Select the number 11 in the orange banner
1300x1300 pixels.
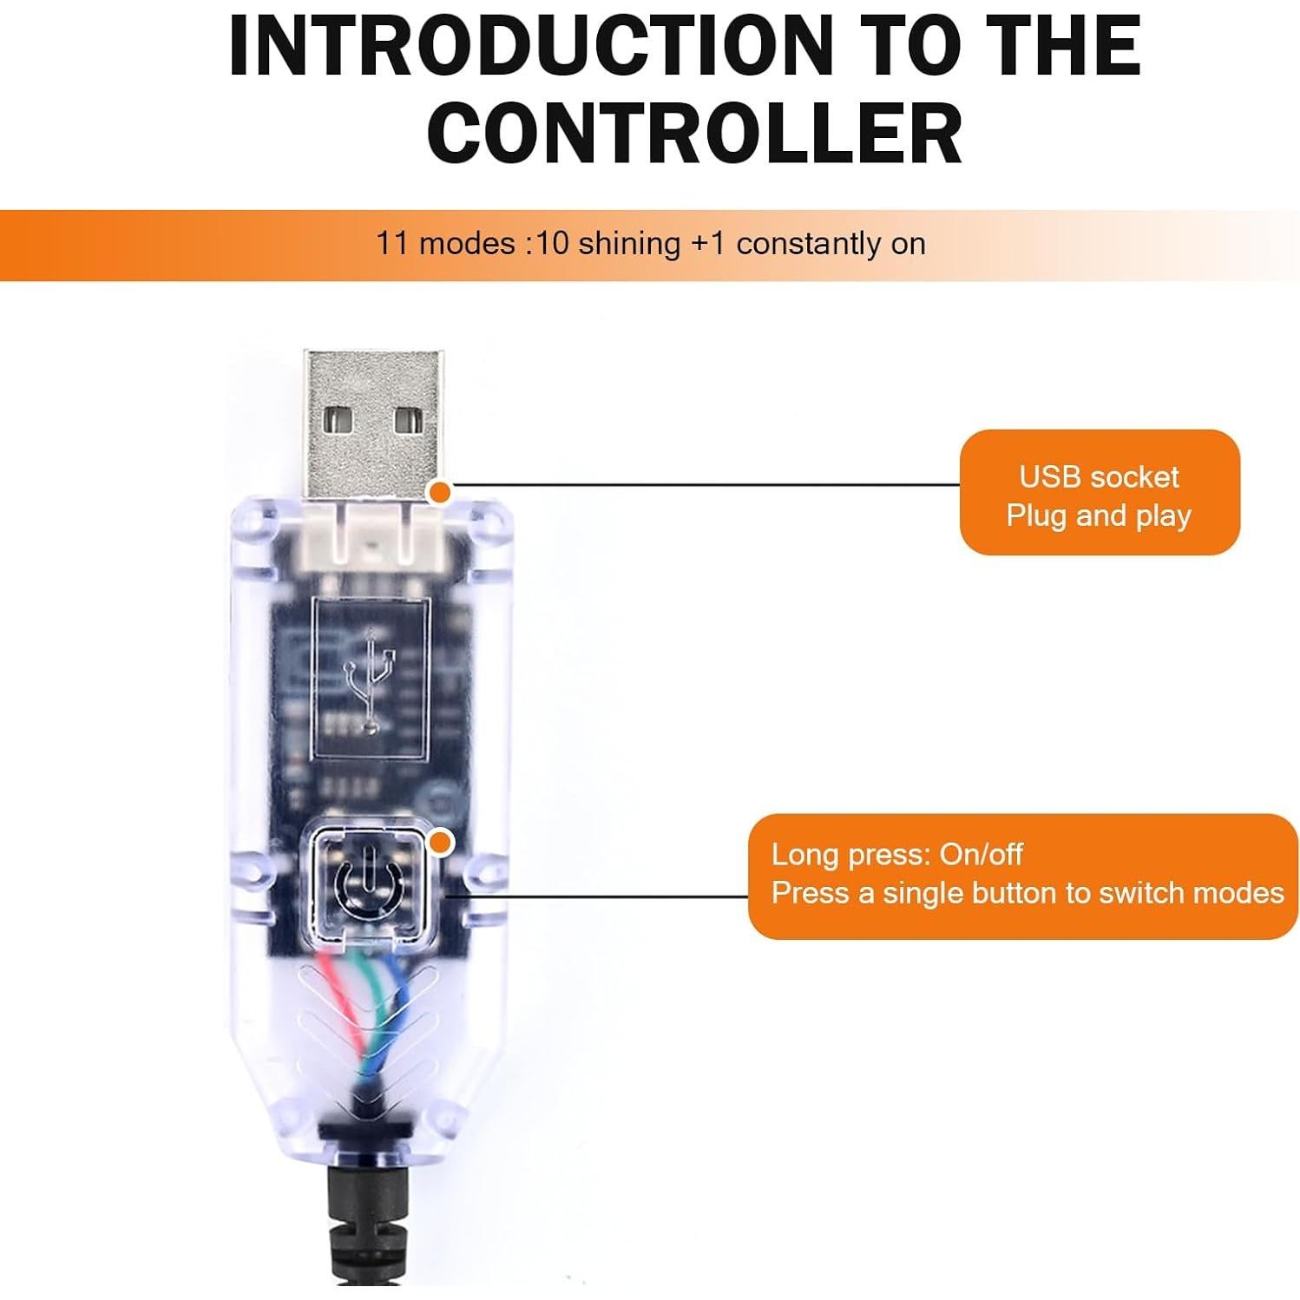[391, 244]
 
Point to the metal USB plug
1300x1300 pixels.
[373, 423]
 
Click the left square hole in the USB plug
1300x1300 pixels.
[339, 421]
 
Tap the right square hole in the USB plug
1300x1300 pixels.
[408, 421]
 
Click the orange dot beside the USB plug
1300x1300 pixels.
[441, 492]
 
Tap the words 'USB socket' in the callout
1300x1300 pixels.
[1099, 476]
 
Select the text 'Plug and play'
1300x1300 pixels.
[1099, 516]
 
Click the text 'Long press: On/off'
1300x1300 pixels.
[897, 855]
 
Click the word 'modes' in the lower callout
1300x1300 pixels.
[1240, 893]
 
